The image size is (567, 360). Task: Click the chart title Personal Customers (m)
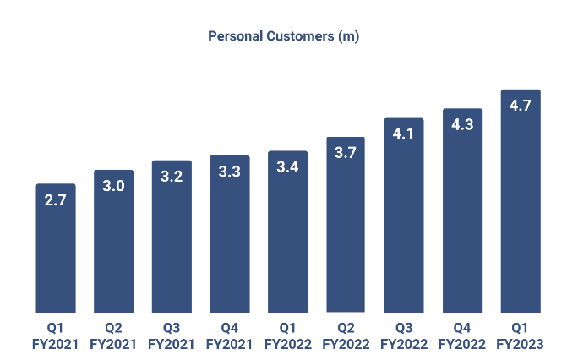point(284,36)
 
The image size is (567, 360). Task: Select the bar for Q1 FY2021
point(56,254)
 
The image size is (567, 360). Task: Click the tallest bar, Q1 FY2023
point(521,211)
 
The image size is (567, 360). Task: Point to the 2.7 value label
point(56,200)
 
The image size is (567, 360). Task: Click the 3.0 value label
point(113,186)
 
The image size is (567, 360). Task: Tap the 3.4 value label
point(288,167)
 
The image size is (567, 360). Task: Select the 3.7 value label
point(346,153)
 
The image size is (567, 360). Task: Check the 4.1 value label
point(404,134)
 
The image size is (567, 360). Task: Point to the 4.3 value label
point(462,124)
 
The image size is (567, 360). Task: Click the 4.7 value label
point(521,106)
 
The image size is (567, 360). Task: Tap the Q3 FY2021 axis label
point(172,336)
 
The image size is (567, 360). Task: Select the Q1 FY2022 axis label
point(288,336)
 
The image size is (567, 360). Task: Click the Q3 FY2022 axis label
point(404,336)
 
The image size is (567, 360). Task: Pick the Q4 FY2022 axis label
point(462,336)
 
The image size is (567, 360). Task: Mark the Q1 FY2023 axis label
point(521,336)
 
